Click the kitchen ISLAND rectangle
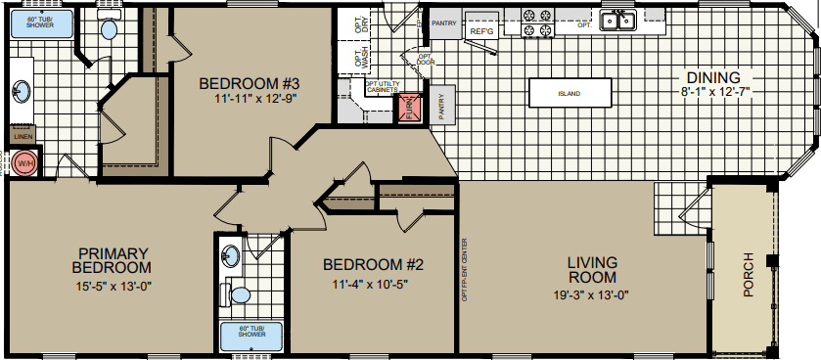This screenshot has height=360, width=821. [570, 94]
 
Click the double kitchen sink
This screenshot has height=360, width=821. [617, 20]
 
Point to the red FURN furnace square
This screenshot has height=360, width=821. [406, 109]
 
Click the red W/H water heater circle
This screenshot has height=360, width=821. [23, 163]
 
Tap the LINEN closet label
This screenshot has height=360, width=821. [21, 137]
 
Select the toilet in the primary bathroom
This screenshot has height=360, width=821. [109, 28]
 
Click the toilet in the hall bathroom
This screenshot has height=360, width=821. [238, 292]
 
